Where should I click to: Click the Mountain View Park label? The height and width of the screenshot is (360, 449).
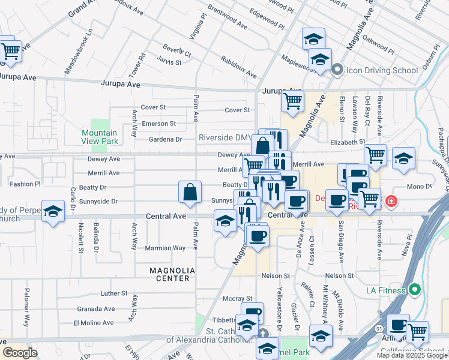pos(99,137)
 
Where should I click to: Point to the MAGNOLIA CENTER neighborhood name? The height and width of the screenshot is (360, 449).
pos(173,274)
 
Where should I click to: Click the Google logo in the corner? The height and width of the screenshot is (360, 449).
pos(20,352)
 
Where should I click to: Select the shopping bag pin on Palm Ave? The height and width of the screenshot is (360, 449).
pos(190,193)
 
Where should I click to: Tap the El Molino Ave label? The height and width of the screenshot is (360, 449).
pos(94,322)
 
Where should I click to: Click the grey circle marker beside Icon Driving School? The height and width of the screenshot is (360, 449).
pos(337,70)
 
